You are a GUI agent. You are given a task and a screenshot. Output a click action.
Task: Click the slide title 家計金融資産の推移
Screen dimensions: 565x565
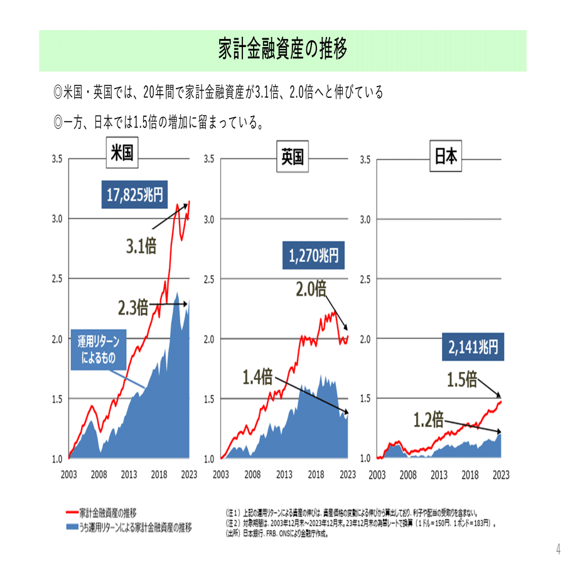(x=282, y=49)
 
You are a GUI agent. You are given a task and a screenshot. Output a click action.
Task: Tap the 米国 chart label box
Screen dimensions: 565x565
(x=122, y=154)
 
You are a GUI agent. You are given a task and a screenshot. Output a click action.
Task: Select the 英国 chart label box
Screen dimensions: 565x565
(x=289, y=158)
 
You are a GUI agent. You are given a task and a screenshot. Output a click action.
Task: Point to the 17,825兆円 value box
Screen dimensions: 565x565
(x=134, y=195)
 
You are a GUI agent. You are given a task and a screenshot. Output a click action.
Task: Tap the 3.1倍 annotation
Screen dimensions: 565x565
(x=139, y=246)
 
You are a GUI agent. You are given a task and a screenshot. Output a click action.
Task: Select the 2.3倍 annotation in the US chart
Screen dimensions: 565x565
(x=133, y=308)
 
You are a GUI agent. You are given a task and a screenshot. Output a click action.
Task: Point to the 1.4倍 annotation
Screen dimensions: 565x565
(x=257, y=377)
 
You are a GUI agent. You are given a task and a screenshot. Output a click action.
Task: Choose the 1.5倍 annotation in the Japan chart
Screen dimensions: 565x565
(x=463, y=380)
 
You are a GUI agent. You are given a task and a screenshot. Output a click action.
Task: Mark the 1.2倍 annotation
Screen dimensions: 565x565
(x=429, y=418)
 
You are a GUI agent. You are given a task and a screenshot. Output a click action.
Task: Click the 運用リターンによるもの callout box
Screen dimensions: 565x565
(x=99, y=352)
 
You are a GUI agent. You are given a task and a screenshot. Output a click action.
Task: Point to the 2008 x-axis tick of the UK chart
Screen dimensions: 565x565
(x=252, y=475)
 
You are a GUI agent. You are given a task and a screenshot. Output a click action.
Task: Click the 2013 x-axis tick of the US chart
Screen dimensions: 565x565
(x=129, y=475)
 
